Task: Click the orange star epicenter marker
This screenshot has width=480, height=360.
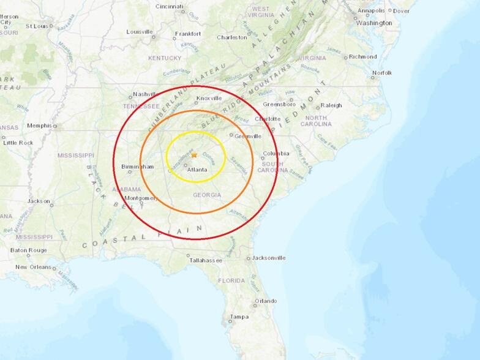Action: click(194, 155)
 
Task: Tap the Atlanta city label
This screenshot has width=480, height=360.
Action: click(197, 170)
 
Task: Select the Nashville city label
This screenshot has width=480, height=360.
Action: click(146, 95)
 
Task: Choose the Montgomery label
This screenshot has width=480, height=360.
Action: click(141, 198)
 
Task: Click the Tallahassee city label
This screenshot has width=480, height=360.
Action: click(205, 260)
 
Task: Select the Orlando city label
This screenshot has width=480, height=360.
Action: click(266, 301)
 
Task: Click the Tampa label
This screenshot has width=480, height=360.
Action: click(239, 317)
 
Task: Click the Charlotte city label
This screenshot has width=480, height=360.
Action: click(268, 119)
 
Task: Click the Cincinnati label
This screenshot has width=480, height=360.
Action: click(169, 6)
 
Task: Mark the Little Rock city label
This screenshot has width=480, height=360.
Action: click(18, 143)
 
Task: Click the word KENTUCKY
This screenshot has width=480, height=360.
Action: click(165, 58)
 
